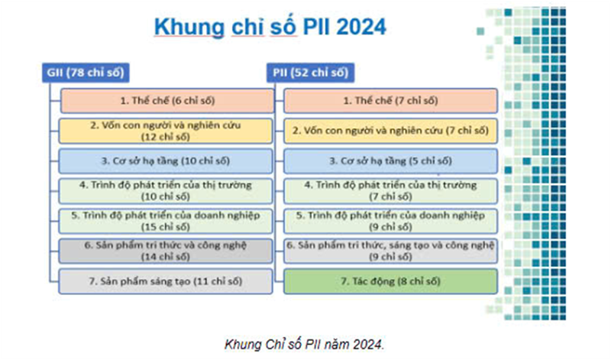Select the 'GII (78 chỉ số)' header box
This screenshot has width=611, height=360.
point(84,73)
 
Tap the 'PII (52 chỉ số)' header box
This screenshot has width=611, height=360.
point(310,73)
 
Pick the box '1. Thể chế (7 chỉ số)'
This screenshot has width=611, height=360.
point(390,101)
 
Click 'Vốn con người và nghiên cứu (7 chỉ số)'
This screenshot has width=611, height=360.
point(390,131)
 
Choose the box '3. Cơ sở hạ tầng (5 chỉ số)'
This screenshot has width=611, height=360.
point(390,161)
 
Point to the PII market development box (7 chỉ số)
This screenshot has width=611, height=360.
point(390,190)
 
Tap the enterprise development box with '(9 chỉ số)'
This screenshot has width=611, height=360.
point(390,221)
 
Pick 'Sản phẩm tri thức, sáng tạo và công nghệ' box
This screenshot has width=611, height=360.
point(390,251)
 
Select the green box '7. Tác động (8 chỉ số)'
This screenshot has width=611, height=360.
point(390,281)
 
